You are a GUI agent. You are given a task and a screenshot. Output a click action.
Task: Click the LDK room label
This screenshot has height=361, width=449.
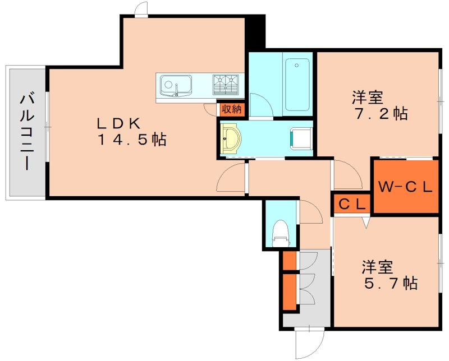click(118, 123)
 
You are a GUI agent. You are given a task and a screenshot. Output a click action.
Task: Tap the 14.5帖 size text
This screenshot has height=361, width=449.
click(132, 140)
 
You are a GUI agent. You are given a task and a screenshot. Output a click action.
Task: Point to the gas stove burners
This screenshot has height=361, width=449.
click(226, 85)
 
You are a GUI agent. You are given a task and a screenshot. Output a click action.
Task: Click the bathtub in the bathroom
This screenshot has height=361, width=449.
click(298, 85)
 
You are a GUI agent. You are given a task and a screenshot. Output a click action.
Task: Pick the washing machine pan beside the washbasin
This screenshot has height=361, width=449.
click(301, 139)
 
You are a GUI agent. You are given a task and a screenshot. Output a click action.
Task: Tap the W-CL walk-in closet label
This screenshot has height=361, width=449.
click(405, 187)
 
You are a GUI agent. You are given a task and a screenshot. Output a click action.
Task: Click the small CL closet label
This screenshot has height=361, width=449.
click(352, 204)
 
